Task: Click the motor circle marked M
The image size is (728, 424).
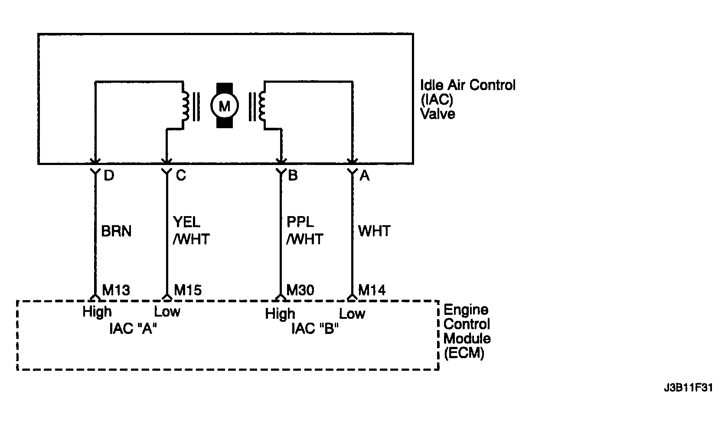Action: tap(225, 106)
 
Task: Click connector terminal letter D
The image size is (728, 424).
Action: tap(109, 176)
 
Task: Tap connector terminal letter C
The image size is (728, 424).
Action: tap(181, 176)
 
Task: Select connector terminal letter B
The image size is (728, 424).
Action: tap(293, 176)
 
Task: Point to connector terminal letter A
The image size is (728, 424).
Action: tap(365, 176)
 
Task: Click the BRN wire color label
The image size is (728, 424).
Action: tap(116, 231)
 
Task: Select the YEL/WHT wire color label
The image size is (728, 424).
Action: tap(191, 230)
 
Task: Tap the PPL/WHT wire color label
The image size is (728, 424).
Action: tap(304, 230)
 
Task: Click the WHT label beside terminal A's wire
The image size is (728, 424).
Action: tap(374, 231)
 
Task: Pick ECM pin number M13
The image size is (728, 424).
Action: tap(116, 290)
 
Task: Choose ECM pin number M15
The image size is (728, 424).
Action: tap(188, 290)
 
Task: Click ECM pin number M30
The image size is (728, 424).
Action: tap(300, 290)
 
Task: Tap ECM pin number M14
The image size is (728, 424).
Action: tap(372, 290)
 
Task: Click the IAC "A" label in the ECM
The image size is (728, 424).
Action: tap(133, 329)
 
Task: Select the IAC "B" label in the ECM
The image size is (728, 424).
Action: tap(315, 329)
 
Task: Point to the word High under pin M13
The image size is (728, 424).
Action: tap(97, 312)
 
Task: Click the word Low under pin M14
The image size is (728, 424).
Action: tap(352, 314)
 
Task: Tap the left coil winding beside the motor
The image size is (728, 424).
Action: tap(186, 106)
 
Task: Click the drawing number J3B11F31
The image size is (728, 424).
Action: tap(689, 388)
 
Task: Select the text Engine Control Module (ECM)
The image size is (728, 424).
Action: tap(467, 331)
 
